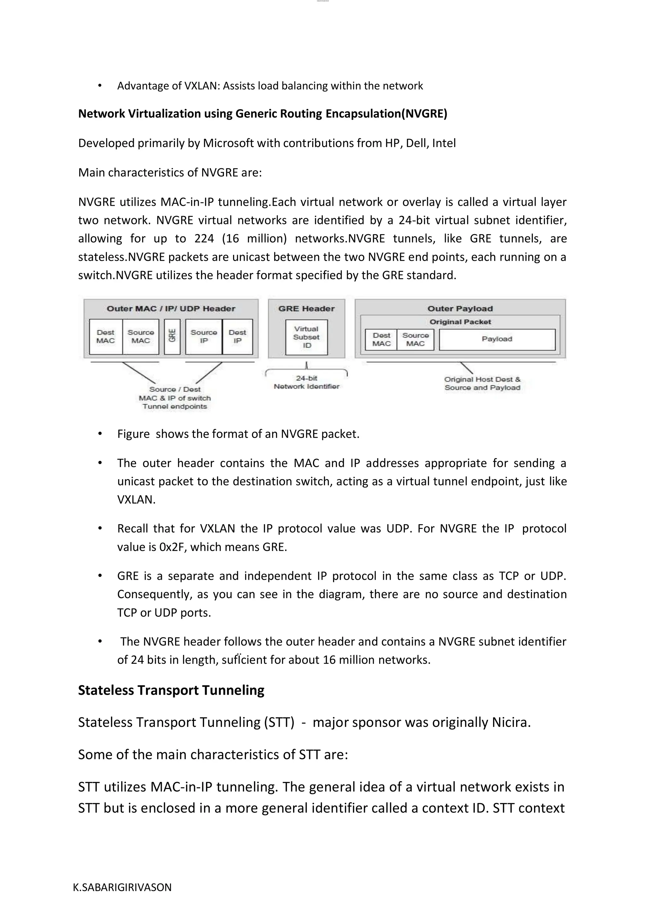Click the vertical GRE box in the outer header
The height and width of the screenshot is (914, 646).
coord(172,336)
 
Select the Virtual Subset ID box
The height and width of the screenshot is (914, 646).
coord(306,337)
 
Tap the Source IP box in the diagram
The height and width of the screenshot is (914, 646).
coord(204,336)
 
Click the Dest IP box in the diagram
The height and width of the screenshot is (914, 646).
coord(238,336)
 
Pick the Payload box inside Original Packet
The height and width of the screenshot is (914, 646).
coord(497,339)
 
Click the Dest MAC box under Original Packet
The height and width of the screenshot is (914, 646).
coord(381,340)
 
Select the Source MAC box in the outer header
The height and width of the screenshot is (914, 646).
coord(140,336)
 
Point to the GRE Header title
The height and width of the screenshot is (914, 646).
coord(306,309)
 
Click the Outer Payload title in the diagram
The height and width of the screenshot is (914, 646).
coord(460,309)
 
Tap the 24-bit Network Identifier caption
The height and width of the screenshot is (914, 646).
coord(306,382)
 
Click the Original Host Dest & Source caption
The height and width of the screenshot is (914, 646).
coord(482,383)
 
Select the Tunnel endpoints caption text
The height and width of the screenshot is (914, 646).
coord(175,407)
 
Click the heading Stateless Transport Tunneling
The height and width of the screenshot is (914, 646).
coord(171,690)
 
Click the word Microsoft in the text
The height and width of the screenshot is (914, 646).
coord(228,143)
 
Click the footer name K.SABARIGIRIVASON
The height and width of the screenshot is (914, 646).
coord(122,887)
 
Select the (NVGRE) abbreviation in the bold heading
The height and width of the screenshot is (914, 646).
coord(425,114)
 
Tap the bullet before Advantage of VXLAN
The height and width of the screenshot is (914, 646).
coord(100,86)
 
